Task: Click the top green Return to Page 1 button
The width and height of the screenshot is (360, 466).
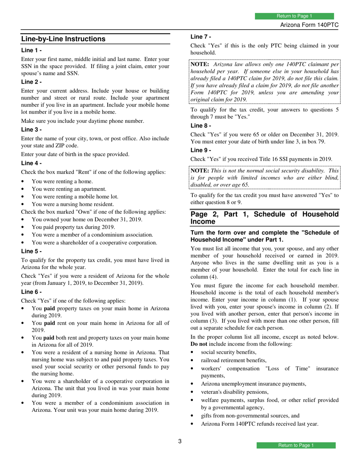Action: [x=294, y=16]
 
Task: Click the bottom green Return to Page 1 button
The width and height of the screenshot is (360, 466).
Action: [x=296, y=445]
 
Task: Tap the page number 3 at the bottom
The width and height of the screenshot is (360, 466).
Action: [x=180, y=441]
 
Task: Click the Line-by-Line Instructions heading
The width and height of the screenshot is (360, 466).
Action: [x=63, y=39]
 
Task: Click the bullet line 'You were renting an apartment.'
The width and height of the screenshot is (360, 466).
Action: [x=69, y=189]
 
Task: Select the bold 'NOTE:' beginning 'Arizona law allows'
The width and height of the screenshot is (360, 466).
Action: [x=200, y=64]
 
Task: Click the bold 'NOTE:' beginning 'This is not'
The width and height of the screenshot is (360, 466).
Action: [x=200, y=170]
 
